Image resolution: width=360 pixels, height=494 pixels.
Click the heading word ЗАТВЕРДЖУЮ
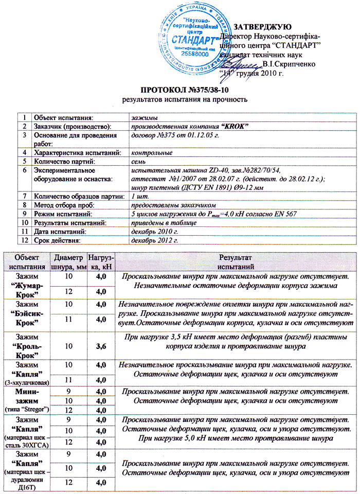[263, 27]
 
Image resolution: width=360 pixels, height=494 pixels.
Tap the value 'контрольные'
[151, 153]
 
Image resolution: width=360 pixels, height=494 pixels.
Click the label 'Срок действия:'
[57, 240]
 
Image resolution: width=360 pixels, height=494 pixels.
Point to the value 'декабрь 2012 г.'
[154, 240]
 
